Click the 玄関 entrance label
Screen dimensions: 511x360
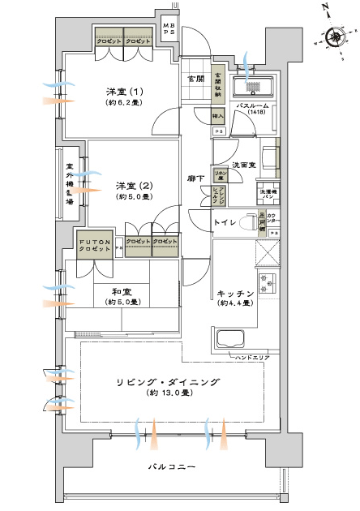pyautogui.click(x=195, y=79)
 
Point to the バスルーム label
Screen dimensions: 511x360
pyautogui.click(x=252, y=106)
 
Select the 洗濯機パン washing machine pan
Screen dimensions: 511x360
pyautogui.click(x=268, y=195)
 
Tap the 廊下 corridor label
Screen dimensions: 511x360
pyautogui.click(x=195, y=178)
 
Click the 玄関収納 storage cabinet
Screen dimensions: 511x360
pyautogui.click(x=218, y=84)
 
